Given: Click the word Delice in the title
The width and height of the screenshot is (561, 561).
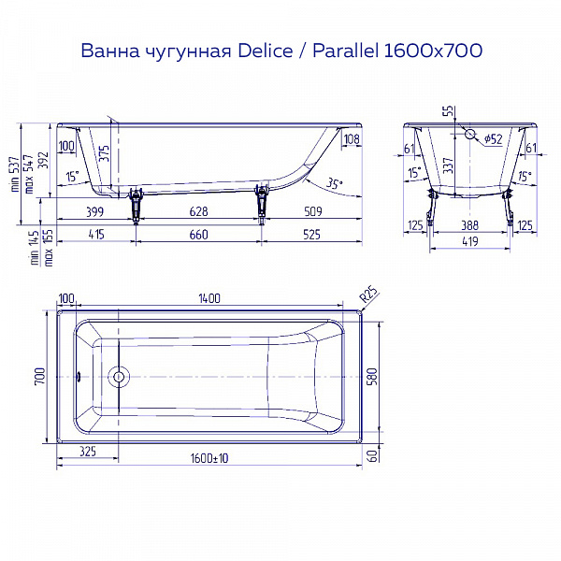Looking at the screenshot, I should pyautogui.click(x=249, y=50).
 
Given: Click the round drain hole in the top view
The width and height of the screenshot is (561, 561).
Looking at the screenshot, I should pyautogui.click(x=117, y=378).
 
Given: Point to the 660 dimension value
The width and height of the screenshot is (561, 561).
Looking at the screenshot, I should pyautogui.click(x=198, y=234).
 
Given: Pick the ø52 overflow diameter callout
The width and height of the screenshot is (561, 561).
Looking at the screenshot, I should pyautogui.click(x=494, y=139).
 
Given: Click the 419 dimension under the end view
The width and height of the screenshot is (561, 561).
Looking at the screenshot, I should pyautogui.click(x=469, y=241).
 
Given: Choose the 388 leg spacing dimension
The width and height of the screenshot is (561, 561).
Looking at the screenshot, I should pyautogui.click(x=469, y=225).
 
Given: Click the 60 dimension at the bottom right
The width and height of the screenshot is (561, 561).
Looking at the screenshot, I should pyautogui.click(x=372, y=455).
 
